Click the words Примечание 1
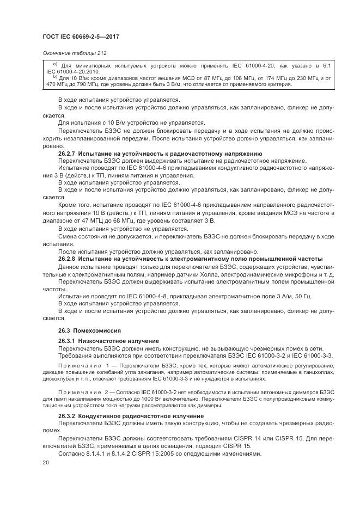pos(81,363)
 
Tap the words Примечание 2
pos(81,391)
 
